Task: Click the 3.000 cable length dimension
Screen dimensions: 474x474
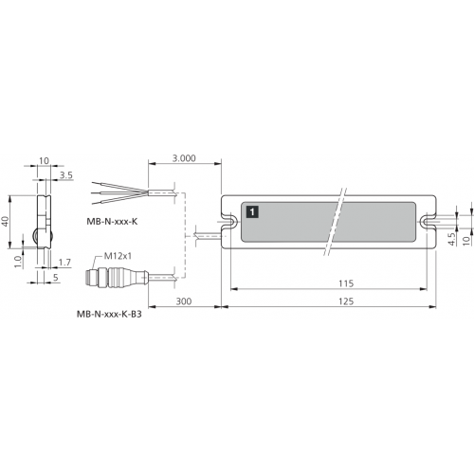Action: click(184, 158)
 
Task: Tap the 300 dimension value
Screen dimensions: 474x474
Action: click(184, 301)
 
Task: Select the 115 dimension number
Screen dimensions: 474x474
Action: click(346, 283)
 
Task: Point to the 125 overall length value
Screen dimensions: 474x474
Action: click(346, 301)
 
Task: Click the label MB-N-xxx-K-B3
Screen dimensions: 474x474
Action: click(109, 315)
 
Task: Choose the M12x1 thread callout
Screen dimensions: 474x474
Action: click(118, 256)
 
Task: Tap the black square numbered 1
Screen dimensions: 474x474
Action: click(252, 211)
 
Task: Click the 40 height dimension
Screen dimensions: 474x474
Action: click(6, 222)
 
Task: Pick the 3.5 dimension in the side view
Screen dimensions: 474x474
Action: click(66, 175)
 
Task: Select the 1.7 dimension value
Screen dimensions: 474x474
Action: click(64, 263)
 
